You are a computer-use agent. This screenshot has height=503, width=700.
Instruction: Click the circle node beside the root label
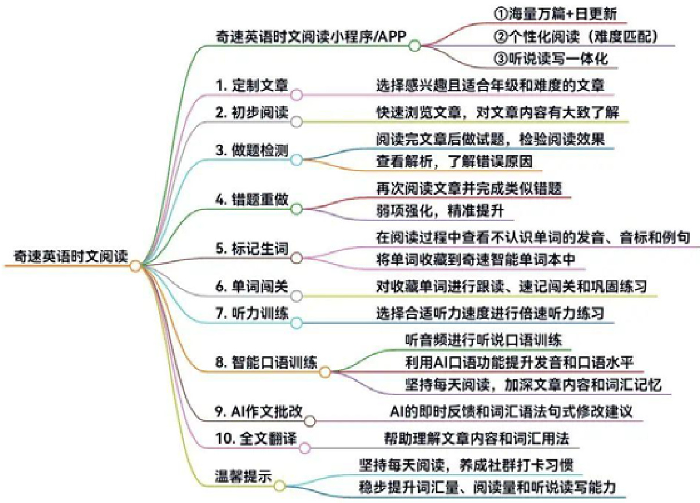pos(135,266)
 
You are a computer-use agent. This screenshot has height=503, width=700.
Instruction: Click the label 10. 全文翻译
pos(255,438)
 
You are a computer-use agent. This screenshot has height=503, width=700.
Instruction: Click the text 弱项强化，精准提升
pos(437,211)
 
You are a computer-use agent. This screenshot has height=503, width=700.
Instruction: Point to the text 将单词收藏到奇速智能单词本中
pos(475,260)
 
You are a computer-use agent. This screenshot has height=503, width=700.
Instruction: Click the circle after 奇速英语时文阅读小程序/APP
pos(414,46)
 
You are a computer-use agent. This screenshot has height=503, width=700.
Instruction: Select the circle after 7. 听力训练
pos(296,323)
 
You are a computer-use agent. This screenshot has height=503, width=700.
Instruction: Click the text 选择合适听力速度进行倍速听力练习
pos(490,313)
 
